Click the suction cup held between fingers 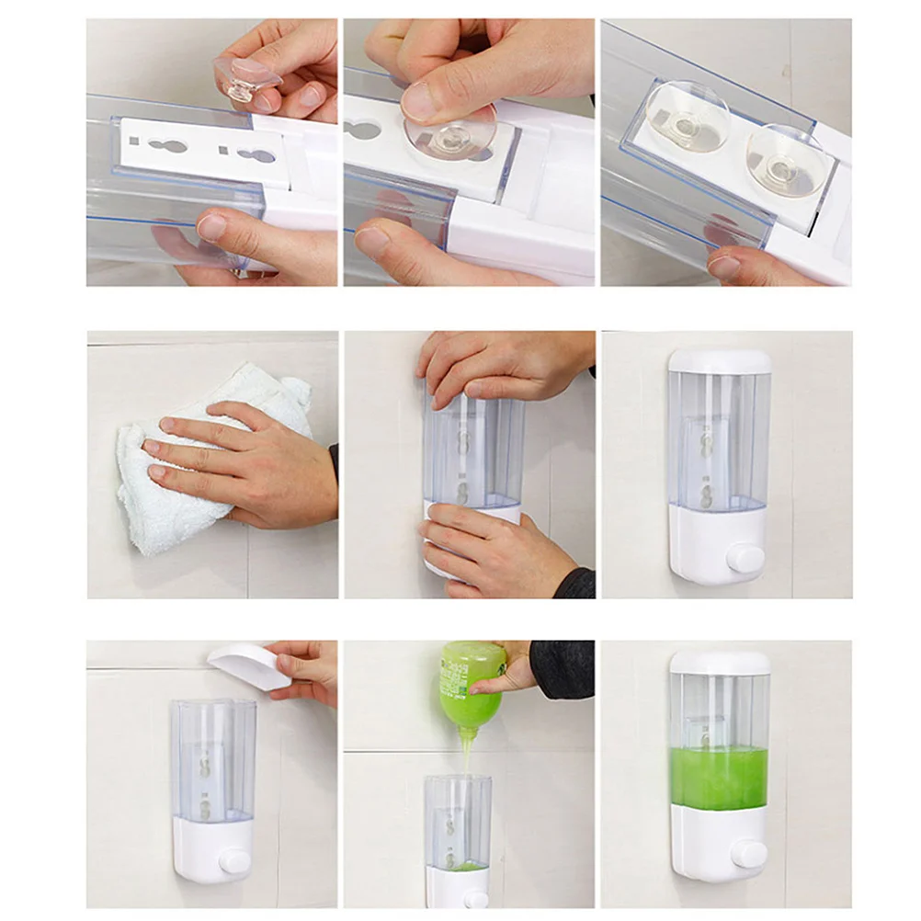tap(245, 79)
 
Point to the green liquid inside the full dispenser tap(719, 776)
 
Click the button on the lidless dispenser tap(234, 861)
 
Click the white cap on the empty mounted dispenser tap(719, 360)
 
